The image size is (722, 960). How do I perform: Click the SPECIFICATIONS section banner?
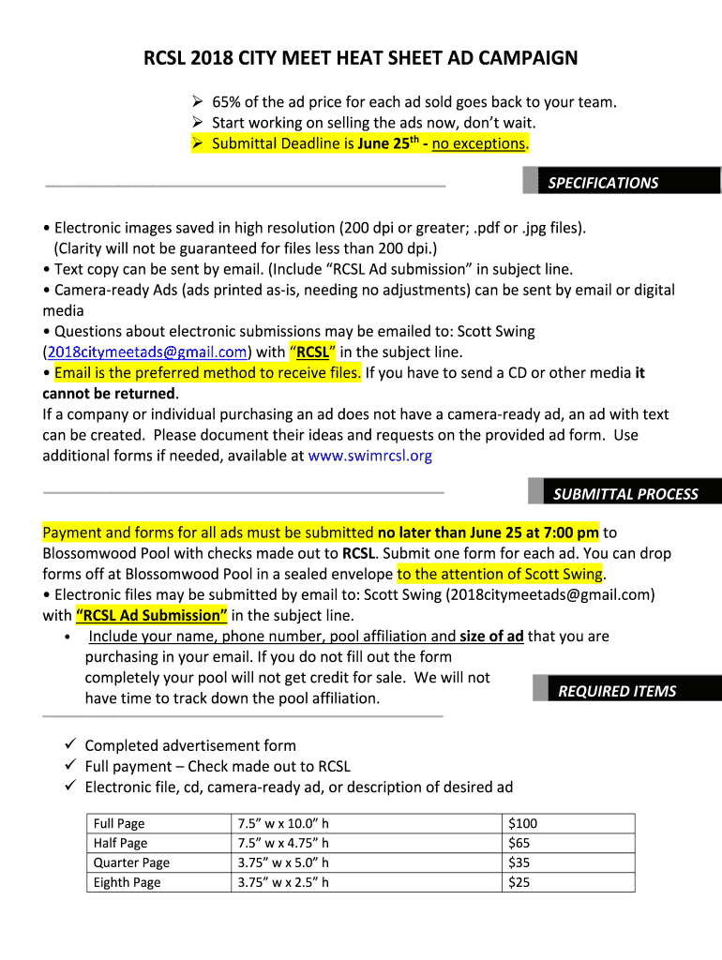pyautogui.click(x=603, y=183)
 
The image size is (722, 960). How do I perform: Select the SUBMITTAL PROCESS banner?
pyautogui.click(x=625, y=494)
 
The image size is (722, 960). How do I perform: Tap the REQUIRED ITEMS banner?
pyautogui.click(x=617, y=691)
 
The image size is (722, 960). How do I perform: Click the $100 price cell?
pyautogui.click(x=522, y=823)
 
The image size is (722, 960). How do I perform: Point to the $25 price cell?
pyautogui.click(x=519, y=882)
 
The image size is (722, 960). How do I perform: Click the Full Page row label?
pyautogui.click(x=119, y=823)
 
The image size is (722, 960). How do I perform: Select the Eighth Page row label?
pyautogui.click(x=127, y=882)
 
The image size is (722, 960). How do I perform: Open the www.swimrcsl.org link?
pyautogui.click(x=369, y=456)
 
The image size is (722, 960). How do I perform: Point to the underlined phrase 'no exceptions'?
pyautogui.click(x=478, y=143)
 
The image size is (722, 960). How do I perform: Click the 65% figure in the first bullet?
pyautogui.click(x=228, y=102)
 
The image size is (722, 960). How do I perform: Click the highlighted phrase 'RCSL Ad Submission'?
pyautogui.click(x=151, y=615)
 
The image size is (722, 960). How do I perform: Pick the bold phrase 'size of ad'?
pyautogui.click(x=491, y=636)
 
